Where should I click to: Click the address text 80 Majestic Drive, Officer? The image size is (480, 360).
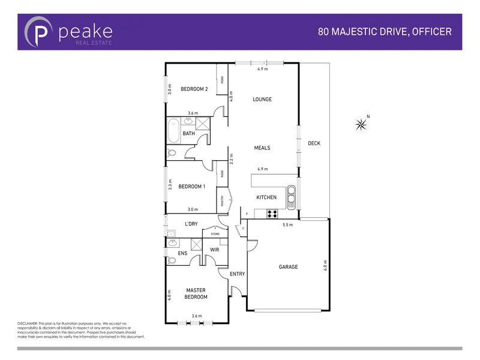(385, 31)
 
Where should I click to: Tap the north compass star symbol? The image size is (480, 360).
(361, 124)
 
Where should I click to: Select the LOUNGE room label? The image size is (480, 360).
(262, 100)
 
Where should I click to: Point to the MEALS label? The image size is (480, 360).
(262, 148)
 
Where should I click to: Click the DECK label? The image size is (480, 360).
(314, 143)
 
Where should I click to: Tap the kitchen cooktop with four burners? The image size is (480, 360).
(272, 212)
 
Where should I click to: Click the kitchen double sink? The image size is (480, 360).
(292, 196)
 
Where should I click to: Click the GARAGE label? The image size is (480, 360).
(288, 267)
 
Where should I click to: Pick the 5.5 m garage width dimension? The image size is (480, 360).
(288, 225)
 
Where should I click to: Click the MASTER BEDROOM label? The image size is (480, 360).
(196, 293)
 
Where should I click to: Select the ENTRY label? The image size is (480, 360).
(238, 274)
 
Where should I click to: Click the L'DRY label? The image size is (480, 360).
(191, 224)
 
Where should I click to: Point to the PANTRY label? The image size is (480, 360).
(222, 200)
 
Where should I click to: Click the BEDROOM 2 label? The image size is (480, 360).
(194, 89)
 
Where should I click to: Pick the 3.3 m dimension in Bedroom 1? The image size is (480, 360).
(170, 185)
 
